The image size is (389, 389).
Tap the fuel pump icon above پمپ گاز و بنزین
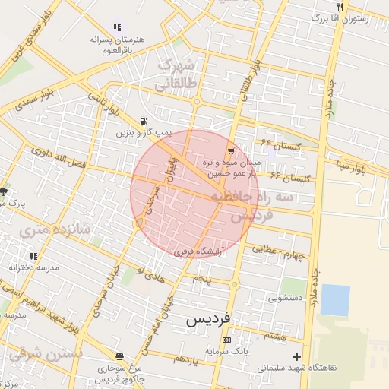144,121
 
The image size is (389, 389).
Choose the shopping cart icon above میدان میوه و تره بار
230,150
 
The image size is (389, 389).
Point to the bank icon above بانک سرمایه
226,340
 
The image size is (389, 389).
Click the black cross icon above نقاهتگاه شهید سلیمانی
296,356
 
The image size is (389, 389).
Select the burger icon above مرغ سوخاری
119,356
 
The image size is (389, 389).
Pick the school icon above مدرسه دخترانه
33,257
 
